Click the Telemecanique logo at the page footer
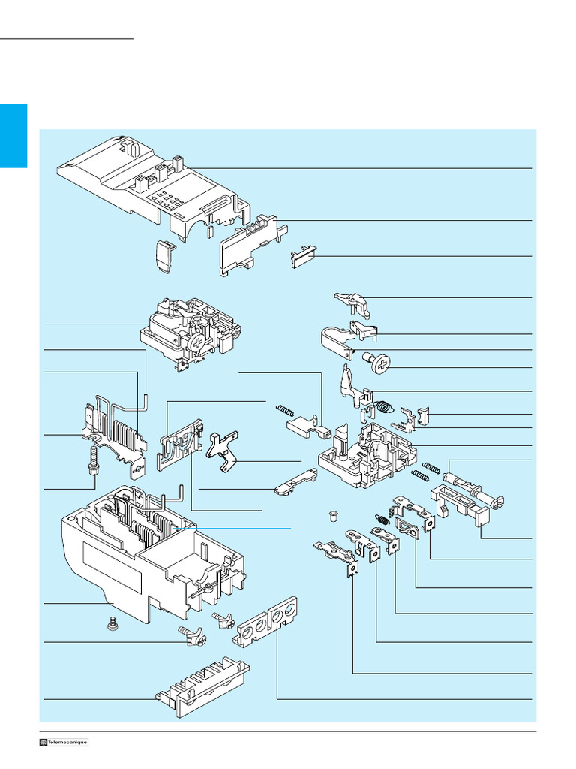[64, 742]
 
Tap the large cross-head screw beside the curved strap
[379, 366]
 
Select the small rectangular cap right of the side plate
[303, 258]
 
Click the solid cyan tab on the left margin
[13, 136]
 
